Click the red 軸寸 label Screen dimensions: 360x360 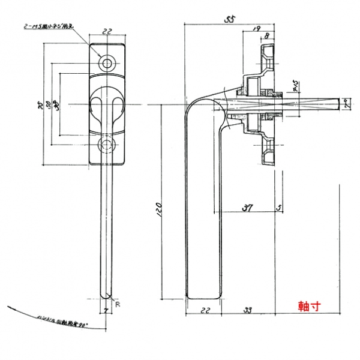point(309,305)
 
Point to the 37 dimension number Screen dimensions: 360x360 point(246,208)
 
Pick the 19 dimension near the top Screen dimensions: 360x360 point(256,28)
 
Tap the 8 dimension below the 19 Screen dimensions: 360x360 point(266,37)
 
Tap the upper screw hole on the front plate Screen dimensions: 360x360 point(108,63)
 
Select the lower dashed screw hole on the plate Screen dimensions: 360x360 point(107,144)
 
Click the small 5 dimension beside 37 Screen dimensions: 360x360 point(279,208)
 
